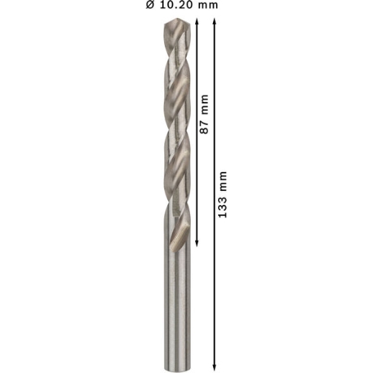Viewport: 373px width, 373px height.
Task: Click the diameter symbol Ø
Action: pyautogui.click(x=150, y=5)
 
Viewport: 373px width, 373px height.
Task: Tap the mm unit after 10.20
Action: pyautogui.click(x=208, y=6)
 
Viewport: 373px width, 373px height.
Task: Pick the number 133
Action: pyautogui.click(x=222, y=207)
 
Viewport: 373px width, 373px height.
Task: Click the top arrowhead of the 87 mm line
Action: pyautogui.click(x=197, y=22)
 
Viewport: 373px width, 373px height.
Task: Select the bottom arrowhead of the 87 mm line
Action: pyautogui.click(x=197, y=243)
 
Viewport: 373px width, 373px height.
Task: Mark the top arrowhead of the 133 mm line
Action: pyautogui.click(x=214, y=22)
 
